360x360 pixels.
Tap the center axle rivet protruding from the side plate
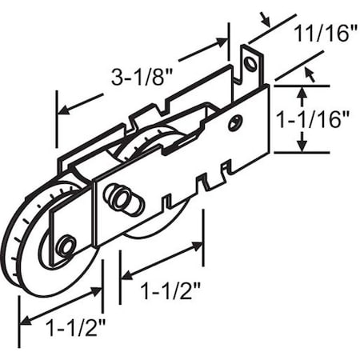tap(120, 198)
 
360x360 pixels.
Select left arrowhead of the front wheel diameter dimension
tap(22, 322)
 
